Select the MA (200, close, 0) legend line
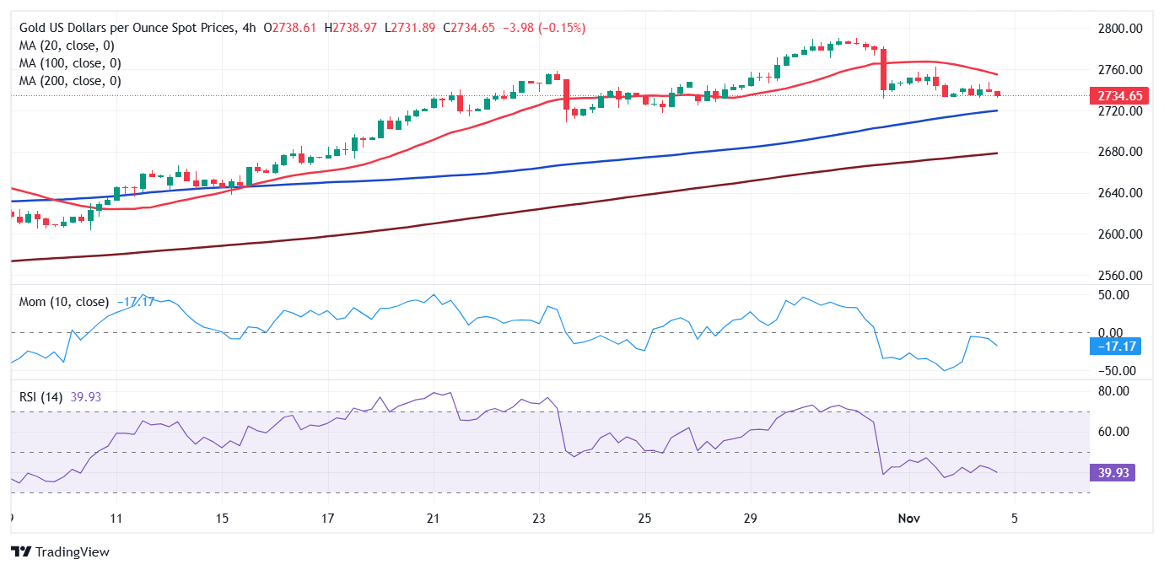[x=70, y=81]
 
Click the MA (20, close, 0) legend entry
[x=67, y=46]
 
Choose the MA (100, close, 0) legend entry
[x=70, y=63]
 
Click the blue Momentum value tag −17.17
[x=1114, y=346]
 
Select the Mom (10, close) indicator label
[x=64, y=301]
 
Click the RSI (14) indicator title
[x=41, y=396]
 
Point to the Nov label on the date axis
[x=908, y=518]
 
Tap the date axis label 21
[x=433, y=518]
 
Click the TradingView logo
[x=61, y=551]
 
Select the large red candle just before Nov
[x=883, y=69]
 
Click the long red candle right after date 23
[x=567, y=97]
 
